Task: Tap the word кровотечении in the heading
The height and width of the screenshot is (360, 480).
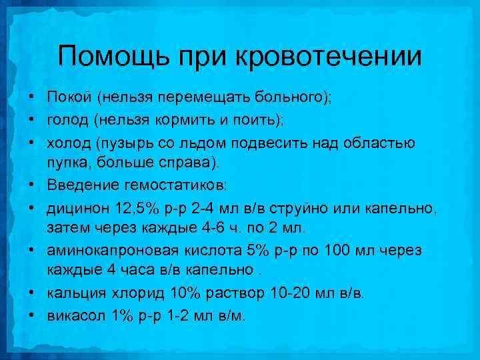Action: coord(327,56)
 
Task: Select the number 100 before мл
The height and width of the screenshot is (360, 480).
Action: coord(337,250)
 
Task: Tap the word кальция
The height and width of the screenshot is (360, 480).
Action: coord(73,293)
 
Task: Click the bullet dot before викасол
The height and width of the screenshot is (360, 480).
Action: coord(32,315)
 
